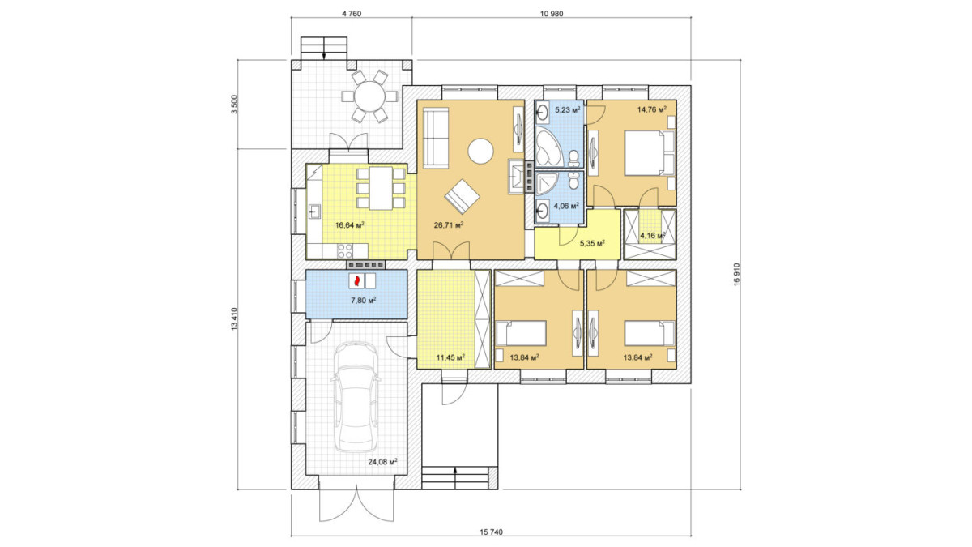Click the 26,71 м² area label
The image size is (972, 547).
pos(449,225)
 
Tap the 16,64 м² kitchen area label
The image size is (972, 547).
pos(349,225)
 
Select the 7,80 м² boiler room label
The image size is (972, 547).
pos(363,300)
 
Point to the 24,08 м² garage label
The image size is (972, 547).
pos(382,462)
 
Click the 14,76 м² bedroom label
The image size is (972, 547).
pos(652,109)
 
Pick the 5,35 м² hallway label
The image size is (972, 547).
pos(593,243)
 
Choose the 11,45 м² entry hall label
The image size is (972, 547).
pos(450,357)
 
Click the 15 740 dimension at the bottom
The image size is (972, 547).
pos(491,532)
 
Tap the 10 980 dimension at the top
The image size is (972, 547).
pos(552,14)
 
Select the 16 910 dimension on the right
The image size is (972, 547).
pos(736,275)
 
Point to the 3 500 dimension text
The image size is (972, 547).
pos(235,105)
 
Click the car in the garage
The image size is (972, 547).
pos(356,397)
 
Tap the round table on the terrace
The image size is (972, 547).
pos(369,96)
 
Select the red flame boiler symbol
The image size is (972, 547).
pos(357,280)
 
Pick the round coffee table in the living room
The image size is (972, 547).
pos(480,151)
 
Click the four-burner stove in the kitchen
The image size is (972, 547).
pos(345,251)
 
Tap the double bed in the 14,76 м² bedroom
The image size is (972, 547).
pos(650,153)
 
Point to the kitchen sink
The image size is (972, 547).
pos(313,212)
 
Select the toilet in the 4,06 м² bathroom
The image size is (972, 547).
pos(573,180)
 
